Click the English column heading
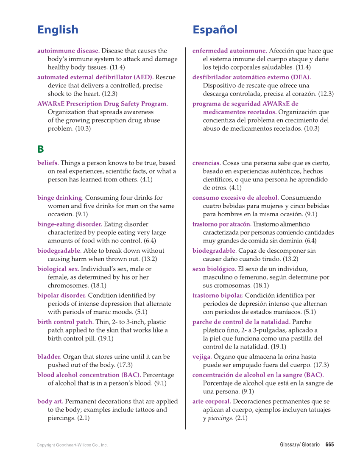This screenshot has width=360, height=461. (x=58, y=30)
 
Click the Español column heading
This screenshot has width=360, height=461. (x=215, y=30)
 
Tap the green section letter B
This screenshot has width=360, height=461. (x=41, y=149)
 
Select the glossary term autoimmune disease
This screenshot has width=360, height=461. (x=68, y=51)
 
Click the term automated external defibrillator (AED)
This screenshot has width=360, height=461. (x=95, y=77)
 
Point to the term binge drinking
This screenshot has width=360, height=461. (x=60, y=198)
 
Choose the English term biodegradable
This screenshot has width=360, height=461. (x=59, y=251)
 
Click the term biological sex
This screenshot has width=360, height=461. (x=58, y=269)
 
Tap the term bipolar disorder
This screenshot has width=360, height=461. (x=61, y=295)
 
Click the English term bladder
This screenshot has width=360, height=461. (x=49, y=357)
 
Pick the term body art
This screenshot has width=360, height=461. (x=50, y=401)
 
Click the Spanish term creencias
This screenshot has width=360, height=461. (x=206, y=163)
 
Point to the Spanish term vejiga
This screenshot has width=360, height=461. (x=202, y=357)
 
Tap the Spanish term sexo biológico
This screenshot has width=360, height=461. (x=214, y=269)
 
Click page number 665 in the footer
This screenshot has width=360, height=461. (x=329, y=444)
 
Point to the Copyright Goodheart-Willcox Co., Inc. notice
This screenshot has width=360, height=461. (x=72, y=445)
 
